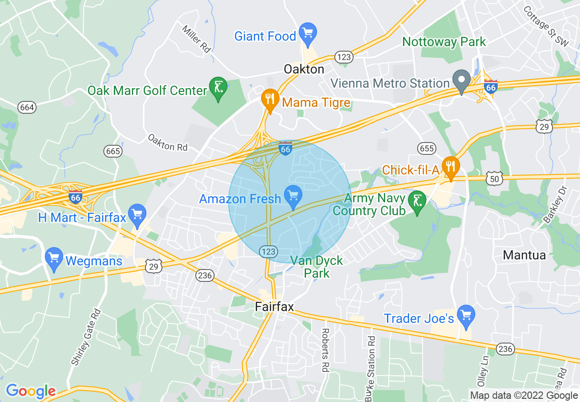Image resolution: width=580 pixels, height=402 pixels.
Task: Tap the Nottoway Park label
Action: click(x=444, y=42)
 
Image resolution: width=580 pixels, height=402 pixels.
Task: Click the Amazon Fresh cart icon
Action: click(x=293, y=196)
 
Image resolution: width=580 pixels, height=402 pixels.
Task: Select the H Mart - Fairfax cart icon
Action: click(x=137, y=214)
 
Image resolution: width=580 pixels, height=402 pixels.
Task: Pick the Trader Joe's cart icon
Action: click(x=466, y=315)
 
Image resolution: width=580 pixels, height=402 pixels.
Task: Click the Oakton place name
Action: click(x=304, y=69)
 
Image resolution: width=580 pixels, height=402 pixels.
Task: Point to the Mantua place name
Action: click(x=524, y=255)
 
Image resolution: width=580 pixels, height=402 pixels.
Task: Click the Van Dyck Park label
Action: click(x=317, y=267)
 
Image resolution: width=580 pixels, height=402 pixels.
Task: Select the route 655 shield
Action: click(x=426, y=148)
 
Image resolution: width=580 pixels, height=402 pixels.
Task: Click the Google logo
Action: click(x=30, y=391)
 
